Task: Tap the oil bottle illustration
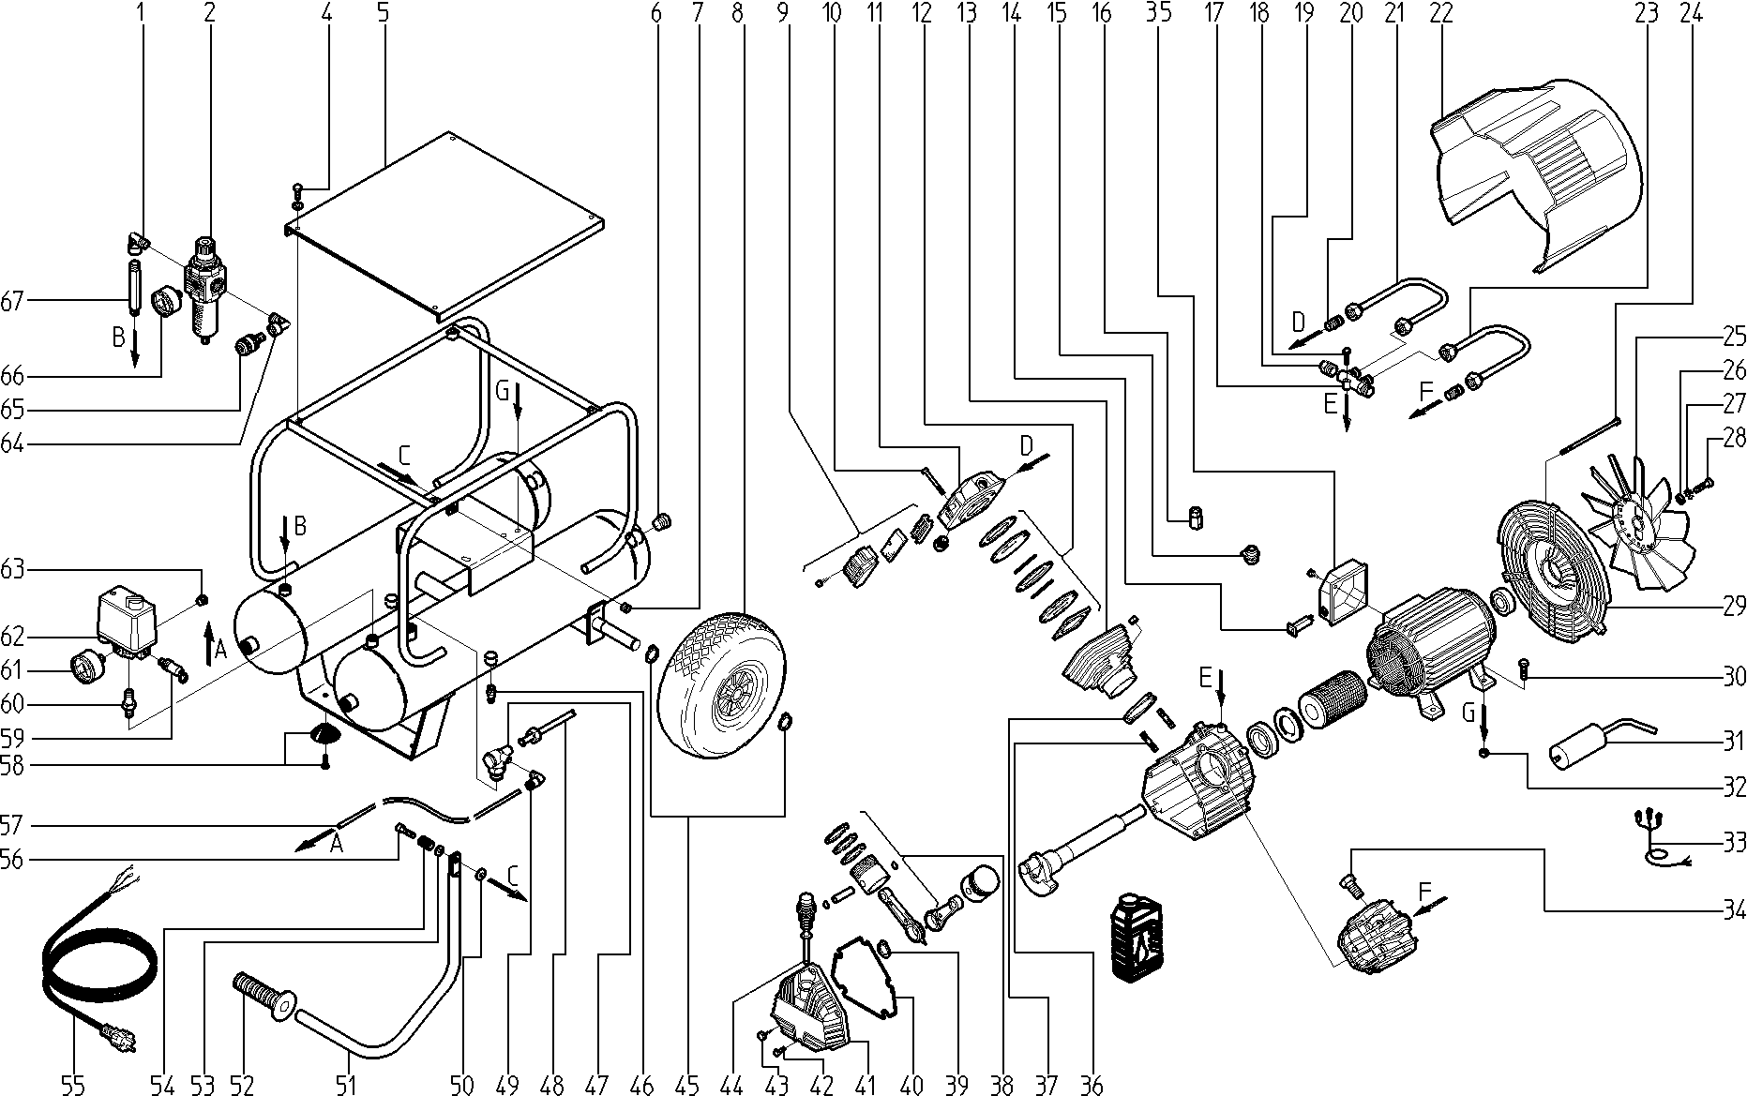[x=1135, y=938]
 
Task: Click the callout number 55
[x=73, y=1086]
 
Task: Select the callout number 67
[x=12, y=301]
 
